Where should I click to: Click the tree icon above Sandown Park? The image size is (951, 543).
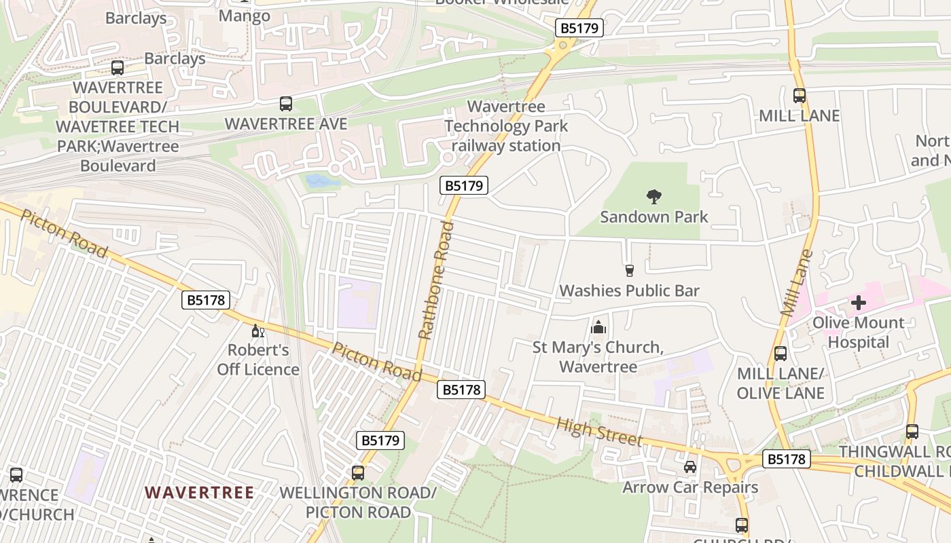(654, 197)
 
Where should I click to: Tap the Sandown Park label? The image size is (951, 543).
(653, 217)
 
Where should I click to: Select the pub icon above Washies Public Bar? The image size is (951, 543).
(629, 271)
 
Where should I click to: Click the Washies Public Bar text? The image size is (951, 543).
(629, 291)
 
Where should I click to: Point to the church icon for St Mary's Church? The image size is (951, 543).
(598, 328)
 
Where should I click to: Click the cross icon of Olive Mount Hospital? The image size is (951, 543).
(859, 303)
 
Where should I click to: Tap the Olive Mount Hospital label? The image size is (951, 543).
(859, 333)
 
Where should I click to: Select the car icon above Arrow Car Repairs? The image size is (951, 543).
(690, 467)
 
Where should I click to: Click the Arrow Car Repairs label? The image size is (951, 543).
(690, 487)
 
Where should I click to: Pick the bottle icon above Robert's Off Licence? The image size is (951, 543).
(258, 331)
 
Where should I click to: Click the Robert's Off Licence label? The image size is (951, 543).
(258, 360)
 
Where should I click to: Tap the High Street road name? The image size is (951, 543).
(599, 432)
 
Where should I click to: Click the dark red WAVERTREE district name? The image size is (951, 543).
(200, 493)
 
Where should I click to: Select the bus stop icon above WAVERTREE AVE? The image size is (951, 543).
(286, 104)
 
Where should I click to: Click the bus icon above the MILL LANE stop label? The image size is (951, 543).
(800, 96)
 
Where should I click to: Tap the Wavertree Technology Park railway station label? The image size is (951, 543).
(506, 126)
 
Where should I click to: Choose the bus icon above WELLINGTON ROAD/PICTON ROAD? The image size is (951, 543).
(358, 472)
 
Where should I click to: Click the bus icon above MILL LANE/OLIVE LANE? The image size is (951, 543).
(780, 354)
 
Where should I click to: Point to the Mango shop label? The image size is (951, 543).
(245, 16)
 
